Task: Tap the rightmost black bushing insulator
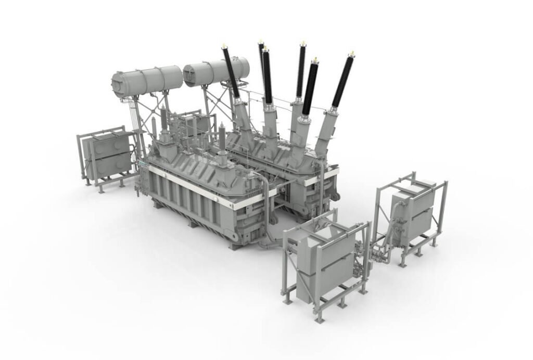[342, 81]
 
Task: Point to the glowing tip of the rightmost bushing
[352, 53]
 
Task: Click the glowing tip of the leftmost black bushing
[224, 46]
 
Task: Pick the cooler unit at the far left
[107, 153]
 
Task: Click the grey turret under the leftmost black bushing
[243, 115]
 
